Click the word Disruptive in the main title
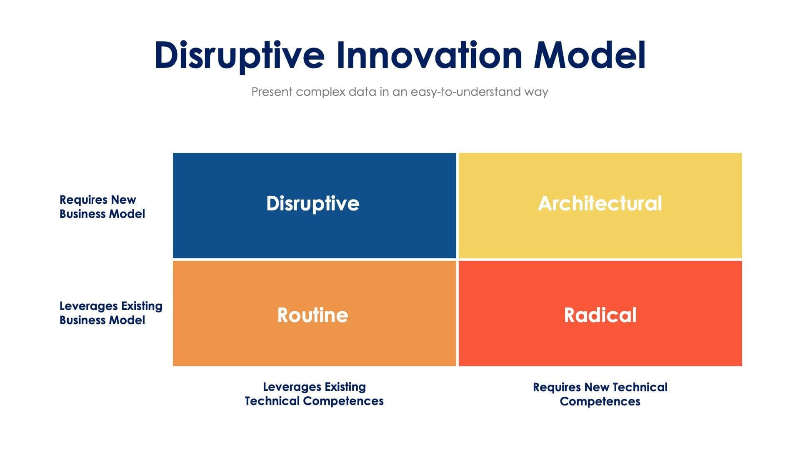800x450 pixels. (x=239, y=55)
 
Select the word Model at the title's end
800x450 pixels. (x=590, y=55)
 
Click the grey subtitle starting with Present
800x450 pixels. (x=400, y=92)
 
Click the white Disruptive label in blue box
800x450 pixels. (x=312, y=204)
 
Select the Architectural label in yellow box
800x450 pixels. (x=600, y=204)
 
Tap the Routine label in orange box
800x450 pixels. (x=312, y=315)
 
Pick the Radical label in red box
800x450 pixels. (x=600, y=315)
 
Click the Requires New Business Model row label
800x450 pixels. (x=102, y=207)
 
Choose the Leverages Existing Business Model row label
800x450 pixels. (x=110, y=313)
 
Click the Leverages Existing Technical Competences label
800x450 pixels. (x=314, y=394)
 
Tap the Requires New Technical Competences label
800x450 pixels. (x=600, y=394)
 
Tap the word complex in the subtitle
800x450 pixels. (x=320, y=92)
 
